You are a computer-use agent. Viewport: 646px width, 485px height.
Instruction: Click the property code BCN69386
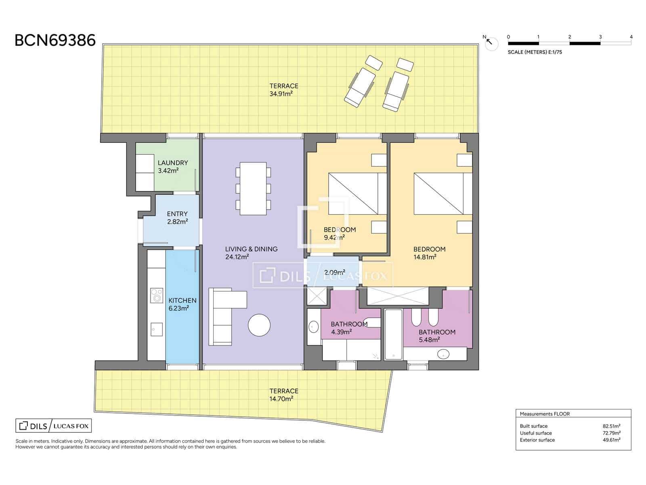click(x=55, y=40)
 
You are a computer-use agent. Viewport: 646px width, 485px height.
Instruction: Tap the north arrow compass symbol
click(x=491, y=44)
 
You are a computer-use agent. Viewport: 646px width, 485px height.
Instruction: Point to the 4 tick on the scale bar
click(x=631, y=37)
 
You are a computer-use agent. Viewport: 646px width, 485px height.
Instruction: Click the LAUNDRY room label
click(x=173, y=163)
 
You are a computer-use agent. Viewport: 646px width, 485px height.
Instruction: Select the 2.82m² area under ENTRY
click(x=178, y=221)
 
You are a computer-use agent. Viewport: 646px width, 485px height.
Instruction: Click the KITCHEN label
click(x=182, y=300)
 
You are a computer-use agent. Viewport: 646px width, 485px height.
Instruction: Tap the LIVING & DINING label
click(x=252, y=249)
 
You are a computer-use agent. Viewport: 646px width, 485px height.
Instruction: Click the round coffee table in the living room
click(x=259, y=325)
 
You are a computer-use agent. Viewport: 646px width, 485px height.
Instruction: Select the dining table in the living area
click(x=253, y=188)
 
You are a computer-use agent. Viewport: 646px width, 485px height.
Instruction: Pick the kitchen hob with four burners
click(x=157, y=295)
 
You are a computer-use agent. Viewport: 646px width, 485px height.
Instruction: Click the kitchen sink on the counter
click(x=157, y=329)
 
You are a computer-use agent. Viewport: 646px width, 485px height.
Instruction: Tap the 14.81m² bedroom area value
click(x=425, y=257)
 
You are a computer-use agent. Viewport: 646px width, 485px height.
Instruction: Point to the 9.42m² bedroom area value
click(x=334, y=237)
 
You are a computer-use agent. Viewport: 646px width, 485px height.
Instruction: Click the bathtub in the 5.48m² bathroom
click(x=394, y=334)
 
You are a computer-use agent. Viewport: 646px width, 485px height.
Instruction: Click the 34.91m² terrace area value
click(x=281, y=94)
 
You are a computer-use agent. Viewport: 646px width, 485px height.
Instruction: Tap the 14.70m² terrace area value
click(x=281, y=399)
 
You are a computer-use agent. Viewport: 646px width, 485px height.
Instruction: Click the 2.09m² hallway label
click(x=335, y=272)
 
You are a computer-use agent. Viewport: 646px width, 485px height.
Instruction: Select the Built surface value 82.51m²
click(x=611, y=426)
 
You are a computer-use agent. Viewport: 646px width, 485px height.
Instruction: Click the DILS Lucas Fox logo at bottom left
click(x=54, y=426)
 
